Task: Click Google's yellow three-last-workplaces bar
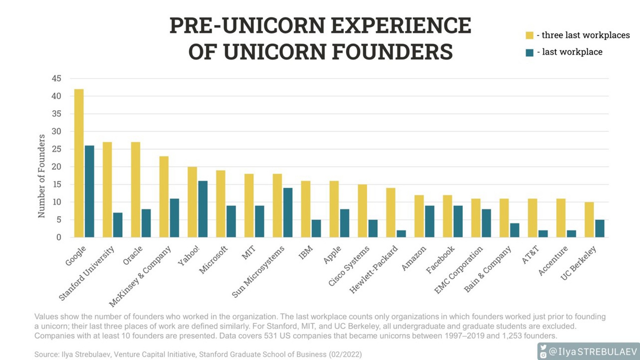click(79, 163)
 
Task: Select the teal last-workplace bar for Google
click(89, 191)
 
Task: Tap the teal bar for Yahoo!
click(203, 209)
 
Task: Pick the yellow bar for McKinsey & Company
click(164, 197)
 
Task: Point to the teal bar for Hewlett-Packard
click(401, 234)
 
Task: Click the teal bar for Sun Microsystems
click(288, 212)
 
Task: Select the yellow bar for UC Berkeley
click(589, 220)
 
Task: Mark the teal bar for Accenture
click(571, 234)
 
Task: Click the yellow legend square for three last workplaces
click(529, 35)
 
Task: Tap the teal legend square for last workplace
click(529, 52)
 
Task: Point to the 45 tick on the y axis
click(56, 78)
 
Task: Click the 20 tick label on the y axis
click(56, 167)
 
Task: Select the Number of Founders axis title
click(42, 176)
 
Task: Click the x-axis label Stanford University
click(87, 273)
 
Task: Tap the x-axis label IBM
click(306, 252)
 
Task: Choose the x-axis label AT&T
click(530, 255)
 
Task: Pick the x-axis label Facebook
click(440, 260)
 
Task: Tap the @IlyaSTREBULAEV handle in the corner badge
click(592, 352)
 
